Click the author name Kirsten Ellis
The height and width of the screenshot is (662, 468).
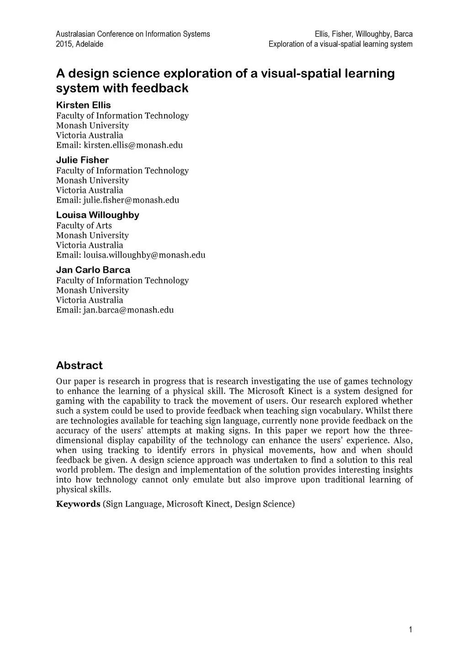(83, 105)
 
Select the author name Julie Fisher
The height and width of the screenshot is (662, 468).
(82, 160)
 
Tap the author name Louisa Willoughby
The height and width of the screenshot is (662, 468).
(97, 215)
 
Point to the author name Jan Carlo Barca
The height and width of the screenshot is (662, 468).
(93, 270)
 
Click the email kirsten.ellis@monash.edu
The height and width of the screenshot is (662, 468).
(133, 145)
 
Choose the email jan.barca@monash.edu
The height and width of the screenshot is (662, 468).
(128, 310)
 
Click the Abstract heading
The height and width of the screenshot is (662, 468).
(79, 365)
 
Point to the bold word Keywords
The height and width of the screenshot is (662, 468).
(78, 504)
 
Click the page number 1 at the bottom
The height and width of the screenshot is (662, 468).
(410, 630)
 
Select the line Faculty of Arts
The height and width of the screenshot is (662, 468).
(84, 225)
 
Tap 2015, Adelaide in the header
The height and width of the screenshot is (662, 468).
(80, 44)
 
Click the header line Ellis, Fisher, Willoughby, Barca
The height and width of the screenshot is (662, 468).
(363, 34)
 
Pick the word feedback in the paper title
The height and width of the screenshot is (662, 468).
(160, 88)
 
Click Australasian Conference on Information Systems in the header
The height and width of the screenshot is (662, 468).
(133, 34)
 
